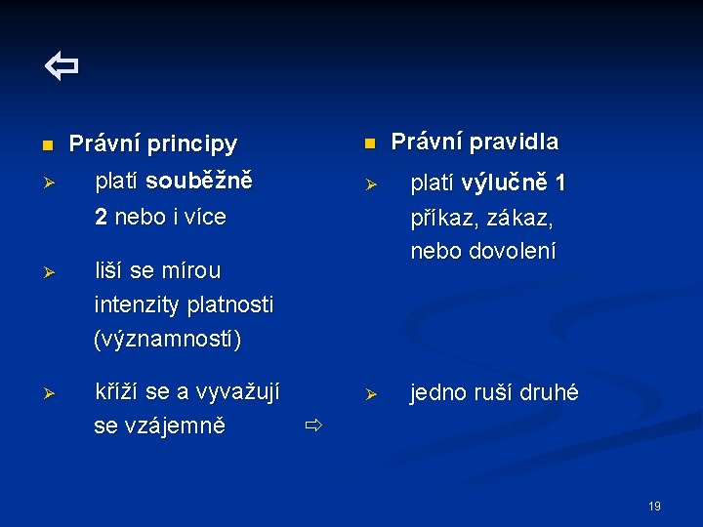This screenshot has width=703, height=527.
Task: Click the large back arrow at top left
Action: point(61,67)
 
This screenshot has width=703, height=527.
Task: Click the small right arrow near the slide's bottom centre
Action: point(312,426)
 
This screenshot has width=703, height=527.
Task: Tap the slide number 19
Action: point(654,506)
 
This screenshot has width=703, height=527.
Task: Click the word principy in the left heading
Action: point(192,144)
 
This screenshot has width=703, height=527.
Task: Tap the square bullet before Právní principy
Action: point(45,146)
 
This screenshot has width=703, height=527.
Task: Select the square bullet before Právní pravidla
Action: point(369,143)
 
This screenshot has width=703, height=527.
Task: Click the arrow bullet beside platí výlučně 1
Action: point(370,184)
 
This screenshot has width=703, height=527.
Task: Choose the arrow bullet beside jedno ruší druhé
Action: point(370,394)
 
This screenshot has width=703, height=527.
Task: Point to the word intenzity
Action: point(138,305)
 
